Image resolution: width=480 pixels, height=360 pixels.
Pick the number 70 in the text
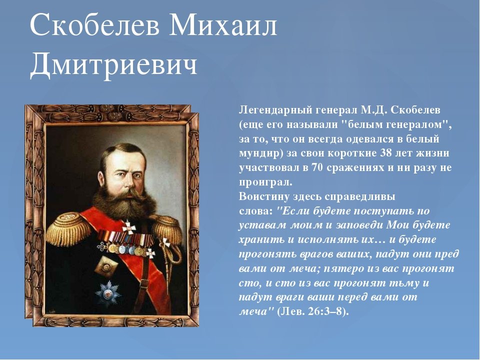coord(317,167)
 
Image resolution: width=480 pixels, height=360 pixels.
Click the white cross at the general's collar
coord(129,227)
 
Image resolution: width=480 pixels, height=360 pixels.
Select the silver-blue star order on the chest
coord(108,292)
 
